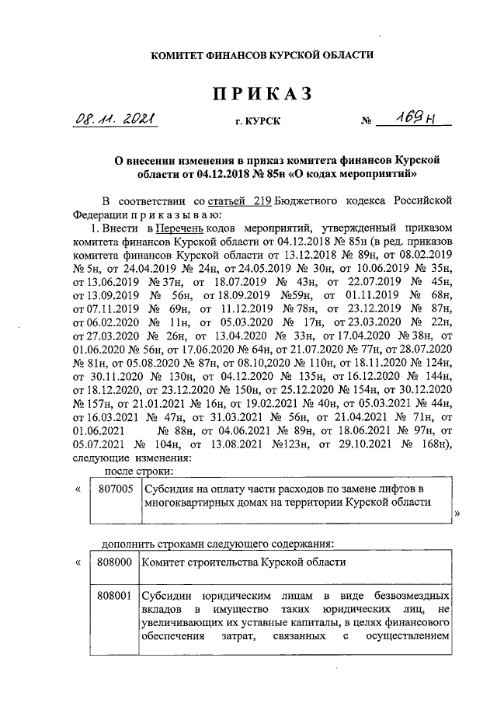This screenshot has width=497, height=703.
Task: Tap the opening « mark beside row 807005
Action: (78, 489)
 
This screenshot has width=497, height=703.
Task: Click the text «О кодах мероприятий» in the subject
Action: (352, 172)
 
